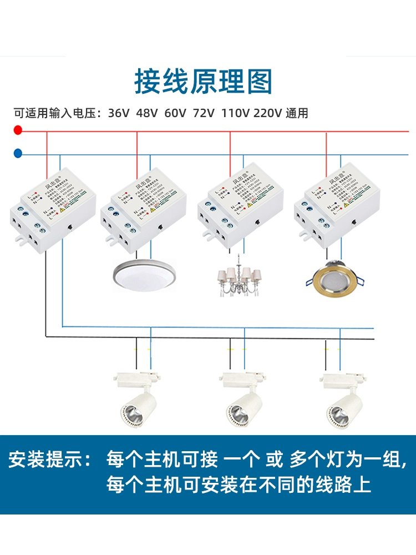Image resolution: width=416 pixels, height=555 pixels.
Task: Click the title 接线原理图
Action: [x=204, y=82]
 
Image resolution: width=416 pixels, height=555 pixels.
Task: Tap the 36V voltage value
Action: [x=119, y=114]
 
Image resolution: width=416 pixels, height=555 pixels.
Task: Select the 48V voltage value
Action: [x=147, y=114]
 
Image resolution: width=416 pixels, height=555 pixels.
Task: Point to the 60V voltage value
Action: [x=175, y=114]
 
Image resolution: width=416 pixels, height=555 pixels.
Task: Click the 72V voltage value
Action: [x=204, y=114]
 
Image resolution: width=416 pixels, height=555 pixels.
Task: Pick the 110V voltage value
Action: [x=235, y=114]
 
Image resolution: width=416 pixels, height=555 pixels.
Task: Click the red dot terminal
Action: [x=18, y=131]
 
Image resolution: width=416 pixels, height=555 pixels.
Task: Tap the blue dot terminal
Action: [x=18, y=153]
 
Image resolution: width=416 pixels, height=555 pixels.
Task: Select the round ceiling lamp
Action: [x=143, y=273]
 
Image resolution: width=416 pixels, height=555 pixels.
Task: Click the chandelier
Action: [x=239, y=276]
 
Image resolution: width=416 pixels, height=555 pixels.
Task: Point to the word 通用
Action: [x=297, y=114]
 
